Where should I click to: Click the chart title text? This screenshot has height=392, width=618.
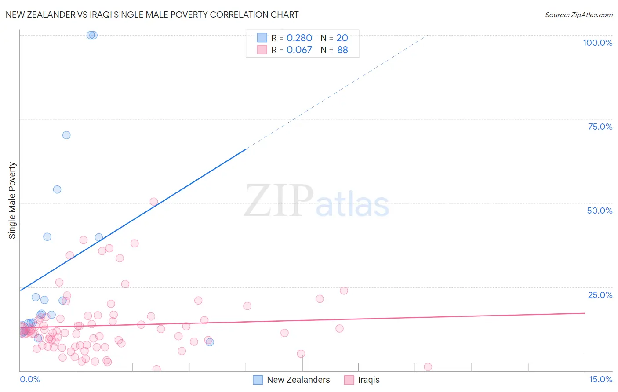coord(152,15)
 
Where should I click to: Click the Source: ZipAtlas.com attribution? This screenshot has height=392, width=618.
coord(578,15)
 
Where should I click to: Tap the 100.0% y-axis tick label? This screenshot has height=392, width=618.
coord(597,43)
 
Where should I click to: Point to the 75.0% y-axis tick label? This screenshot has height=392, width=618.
coord(600,127)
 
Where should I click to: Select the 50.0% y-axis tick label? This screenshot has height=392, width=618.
coord(600,211)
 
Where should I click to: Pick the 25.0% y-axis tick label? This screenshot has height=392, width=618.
coord(600,295)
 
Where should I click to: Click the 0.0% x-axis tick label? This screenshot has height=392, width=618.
coord(30,379)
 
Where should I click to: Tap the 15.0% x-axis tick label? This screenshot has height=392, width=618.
coord(600,379)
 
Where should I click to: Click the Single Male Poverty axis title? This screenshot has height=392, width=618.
coord(12,200)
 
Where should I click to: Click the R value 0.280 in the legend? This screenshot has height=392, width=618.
coord(299,38)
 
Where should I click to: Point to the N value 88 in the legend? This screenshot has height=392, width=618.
coord(342,50)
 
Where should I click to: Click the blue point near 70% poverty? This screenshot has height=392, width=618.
coord(66,135)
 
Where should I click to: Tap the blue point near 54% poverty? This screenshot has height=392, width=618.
coord(57,189)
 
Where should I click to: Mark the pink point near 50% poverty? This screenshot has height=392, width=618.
coord(154,202)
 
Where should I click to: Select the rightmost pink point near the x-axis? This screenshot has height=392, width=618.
coord(428,367)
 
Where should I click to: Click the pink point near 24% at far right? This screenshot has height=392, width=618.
coord(344,290)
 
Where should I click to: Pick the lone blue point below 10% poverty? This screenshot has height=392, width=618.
coord(210,342)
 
